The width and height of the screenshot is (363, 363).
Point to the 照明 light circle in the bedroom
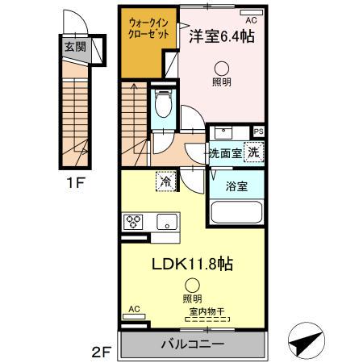click(221, 70)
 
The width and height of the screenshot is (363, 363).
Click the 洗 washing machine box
click(252, 151)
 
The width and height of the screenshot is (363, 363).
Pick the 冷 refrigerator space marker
click(166, 183)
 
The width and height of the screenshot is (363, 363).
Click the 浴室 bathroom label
click(236, 186)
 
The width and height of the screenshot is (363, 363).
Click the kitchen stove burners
click(134, 221)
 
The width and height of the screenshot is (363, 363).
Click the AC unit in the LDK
click(134, 309)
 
